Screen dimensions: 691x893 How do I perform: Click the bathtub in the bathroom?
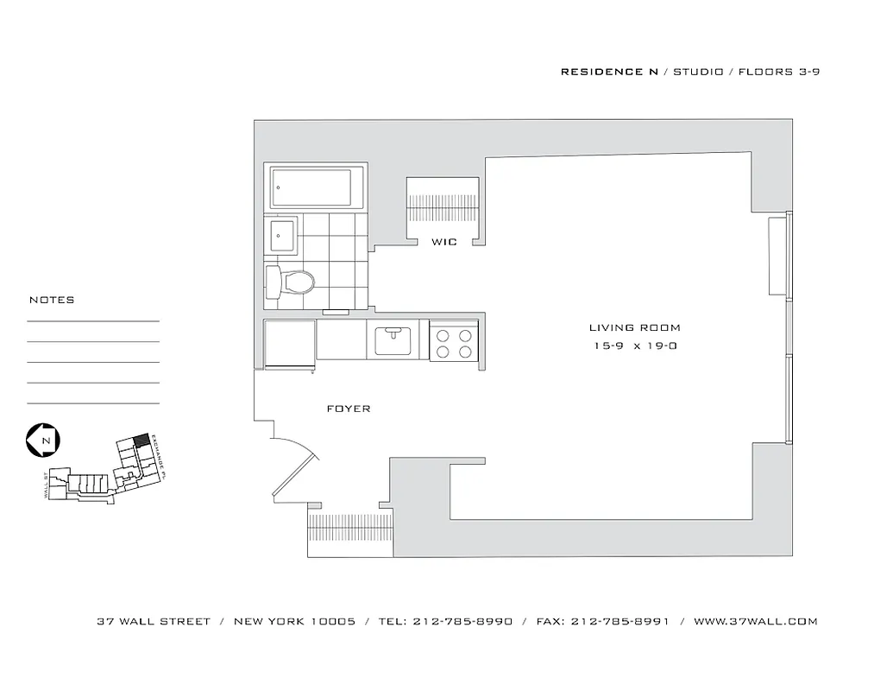point(311,187)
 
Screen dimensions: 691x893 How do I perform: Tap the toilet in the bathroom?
point(291,280)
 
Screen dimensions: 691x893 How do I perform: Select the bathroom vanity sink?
point(280,235)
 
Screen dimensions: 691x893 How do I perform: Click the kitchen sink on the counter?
point(397,339)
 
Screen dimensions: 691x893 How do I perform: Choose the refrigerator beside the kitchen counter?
point(289,342)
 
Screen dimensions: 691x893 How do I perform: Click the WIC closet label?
point(444,243)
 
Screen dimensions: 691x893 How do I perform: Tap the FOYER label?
point(349,409)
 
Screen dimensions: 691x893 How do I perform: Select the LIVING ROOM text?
point(634,328)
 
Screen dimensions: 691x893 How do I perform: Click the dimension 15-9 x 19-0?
point(634,346)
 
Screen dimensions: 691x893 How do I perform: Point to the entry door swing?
point(298,466)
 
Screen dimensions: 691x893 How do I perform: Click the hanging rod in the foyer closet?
point(349,525)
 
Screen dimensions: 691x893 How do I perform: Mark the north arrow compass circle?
point(42,440)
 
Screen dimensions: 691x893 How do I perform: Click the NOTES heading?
point(52,301)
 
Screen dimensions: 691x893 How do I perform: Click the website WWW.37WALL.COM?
point(755,621)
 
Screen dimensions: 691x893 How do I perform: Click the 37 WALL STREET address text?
point(154,621)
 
